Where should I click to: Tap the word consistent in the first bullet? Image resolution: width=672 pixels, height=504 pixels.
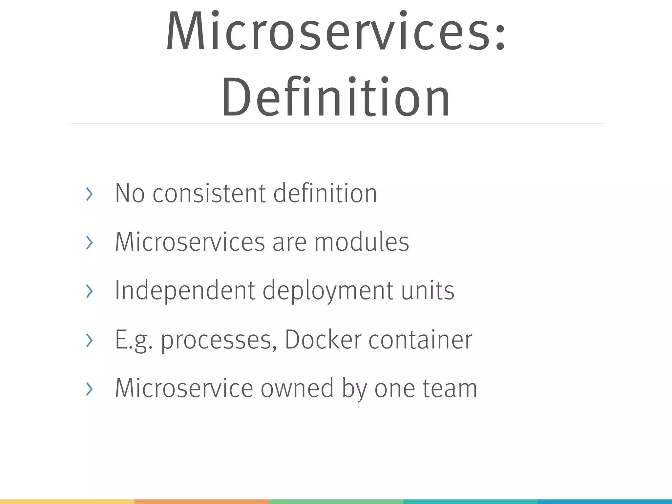tap(209, 194)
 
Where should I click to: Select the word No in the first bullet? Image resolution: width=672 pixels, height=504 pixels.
tap(130, 194)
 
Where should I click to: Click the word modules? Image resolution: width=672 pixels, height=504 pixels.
tap(362, 242)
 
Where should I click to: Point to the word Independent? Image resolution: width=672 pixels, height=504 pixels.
tap(185, 291)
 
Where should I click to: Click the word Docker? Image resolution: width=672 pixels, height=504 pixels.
tap(323, 340)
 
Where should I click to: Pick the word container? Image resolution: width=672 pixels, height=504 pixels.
tap(420, 340)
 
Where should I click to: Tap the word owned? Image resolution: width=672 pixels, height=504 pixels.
tap(297, 388)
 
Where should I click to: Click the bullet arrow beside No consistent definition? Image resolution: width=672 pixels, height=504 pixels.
tap(89, 194)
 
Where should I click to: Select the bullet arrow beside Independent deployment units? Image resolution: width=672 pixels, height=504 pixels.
tap(89, 291)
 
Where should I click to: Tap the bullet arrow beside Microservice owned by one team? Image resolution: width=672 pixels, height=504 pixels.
tap(89, 389)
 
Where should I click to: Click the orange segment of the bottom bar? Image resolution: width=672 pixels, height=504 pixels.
tap(201, 502)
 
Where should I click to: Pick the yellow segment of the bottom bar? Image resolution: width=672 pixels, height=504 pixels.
tap(67, 502)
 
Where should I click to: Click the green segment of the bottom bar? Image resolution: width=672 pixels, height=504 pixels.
tap(336, 502)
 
